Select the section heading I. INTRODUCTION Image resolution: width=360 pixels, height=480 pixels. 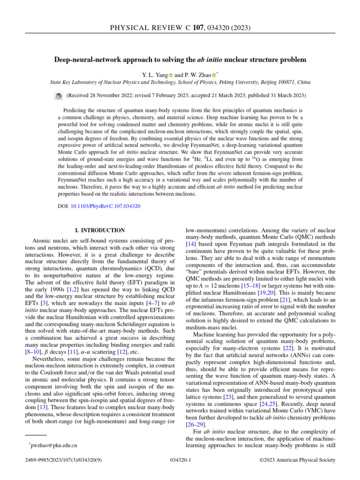point(100,230)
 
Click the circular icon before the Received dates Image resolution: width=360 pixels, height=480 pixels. point(59,96)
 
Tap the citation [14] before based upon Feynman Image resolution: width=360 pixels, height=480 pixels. point(191,244)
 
